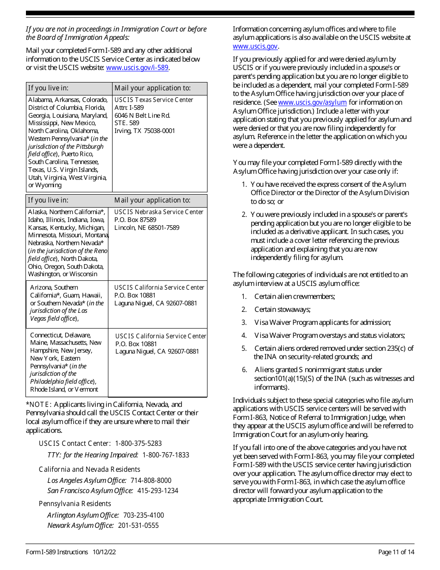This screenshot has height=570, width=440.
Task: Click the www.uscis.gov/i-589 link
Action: [x=137, y=68]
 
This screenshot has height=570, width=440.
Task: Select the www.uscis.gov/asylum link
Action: [x=312, y=102]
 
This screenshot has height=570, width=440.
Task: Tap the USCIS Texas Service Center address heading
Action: [x=154, y=100]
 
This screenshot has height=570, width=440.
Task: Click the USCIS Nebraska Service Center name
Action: [x=159, y=212]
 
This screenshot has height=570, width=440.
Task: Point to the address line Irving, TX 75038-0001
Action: [x=145, y=131]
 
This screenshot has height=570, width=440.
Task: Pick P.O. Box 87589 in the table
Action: [x=135, y=220]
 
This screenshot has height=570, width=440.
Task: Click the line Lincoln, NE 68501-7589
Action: [x=146, y=228]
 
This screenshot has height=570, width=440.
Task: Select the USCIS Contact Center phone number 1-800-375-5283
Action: [x=138, y=443]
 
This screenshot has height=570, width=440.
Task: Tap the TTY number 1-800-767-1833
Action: [x=166, y=455]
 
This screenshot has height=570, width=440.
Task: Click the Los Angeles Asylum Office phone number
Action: [x=151, y=481]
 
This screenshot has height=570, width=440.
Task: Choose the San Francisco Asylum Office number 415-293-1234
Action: [x=157, y=491]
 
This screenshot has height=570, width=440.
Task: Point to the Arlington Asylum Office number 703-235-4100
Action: [x=143, y=515]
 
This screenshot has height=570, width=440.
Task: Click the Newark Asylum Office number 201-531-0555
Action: [x=138, y=526]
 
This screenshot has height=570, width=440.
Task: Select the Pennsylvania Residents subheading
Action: [x=75, y=504]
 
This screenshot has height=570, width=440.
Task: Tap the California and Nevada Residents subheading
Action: [x=89, y=469]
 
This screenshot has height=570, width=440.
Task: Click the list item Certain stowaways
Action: [x=282, y=310]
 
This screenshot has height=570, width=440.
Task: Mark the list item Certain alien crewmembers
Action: [x=295, y=297]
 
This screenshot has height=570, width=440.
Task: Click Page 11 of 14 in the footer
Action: [x=396, y=552]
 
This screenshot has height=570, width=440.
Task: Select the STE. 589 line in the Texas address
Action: [x=126, y=123]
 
